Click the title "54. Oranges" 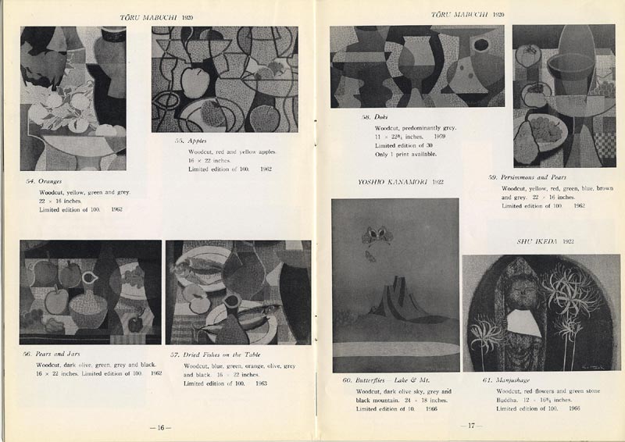click(x=44, y=181)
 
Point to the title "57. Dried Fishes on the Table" click(x=215, y=354)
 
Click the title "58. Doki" click(x=370, y=116)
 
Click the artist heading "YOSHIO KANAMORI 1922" click(x=401, y=182)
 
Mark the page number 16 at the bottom click(x=159, y=427)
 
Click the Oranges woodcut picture click(x=73, y=98)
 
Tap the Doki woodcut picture click(x=416, y=66)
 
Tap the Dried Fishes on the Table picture click(x=237, y=292)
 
